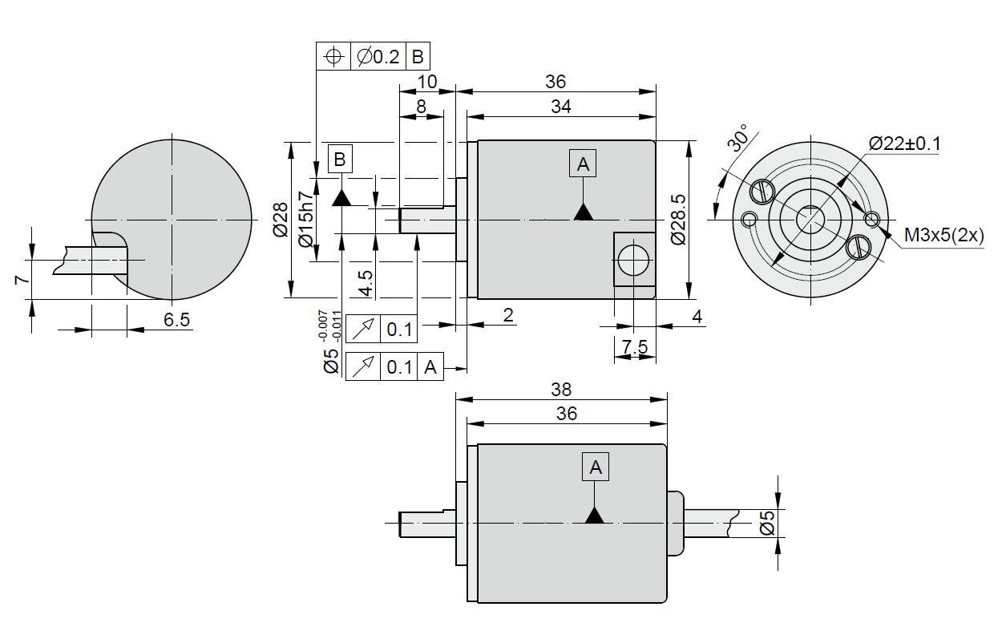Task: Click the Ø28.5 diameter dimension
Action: [x=678, y=220]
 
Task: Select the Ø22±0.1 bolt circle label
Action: [x=904, y=144]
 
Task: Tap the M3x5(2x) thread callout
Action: [x=943, y=235]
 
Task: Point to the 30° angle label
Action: [x=739, y=137]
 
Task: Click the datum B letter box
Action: [x=340, y=159]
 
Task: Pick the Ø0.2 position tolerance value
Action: [x=378, y=57]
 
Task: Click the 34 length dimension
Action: [x=561, y=107]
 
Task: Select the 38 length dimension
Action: [x=561, y=390]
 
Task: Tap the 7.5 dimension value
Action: [x=635, y=346]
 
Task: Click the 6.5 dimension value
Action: [x=176, y=320]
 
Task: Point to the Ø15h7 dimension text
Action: [x=305, y=220]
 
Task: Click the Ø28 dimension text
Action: [x=281, y=220]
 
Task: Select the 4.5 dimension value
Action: [x=366, y=283]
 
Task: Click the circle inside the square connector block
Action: [x=633, y=260]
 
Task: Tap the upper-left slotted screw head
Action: [x=762, y=191]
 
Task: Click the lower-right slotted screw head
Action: [x=859, y=248]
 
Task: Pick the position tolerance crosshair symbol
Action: [x=333, y=57]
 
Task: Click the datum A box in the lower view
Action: [x=596, y=467]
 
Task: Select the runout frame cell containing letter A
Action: [x=430, y=367]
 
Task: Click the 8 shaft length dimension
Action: [x=421, y=107]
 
